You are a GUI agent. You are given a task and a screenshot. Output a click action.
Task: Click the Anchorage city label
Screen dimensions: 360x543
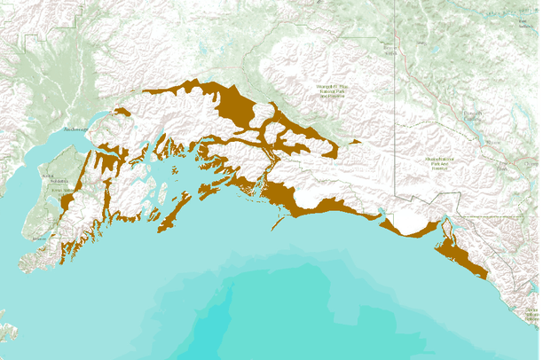click(x=76, y=129)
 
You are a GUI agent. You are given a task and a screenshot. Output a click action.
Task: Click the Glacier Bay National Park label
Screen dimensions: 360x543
click(x=531, y=312)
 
